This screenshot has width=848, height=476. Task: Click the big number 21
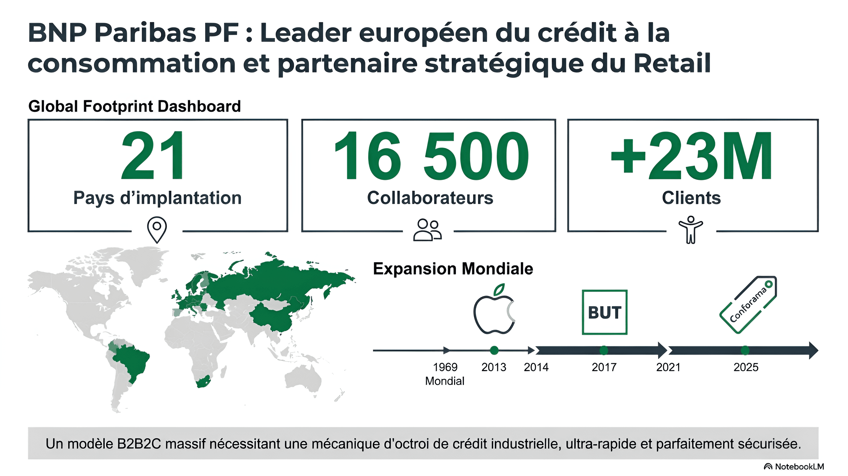pyautogui.click(x=152, y=155)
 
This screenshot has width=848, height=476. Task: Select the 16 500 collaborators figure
pyautogui.click(x=431, y=155)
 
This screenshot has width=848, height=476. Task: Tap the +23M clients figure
pyautogui.click(x=691, y=155)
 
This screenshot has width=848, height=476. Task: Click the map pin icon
pyautogui.click(x=157, y=230)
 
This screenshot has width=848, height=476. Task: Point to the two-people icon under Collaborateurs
pyautogui.click(x=427, y=230)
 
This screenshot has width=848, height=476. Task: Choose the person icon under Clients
pyautogui.click(x=691, y=230)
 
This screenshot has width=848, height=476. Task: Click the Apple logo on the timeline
pyautogui.click(x=494, y=309)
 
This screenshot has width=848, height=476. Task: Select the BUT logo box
pyautogui.click(x=605, y=312)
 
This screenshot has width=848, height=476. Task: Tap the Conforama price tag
pyautogui.click(x=748, y=305)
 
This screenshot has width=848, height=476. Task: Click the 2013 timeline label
pyautogui.click(x=494, y=367)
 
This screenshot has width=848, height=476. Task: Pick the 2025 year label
pyautogui.click(x=746, y=367)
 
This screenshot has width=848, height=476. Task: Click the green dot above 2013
pyautogui.click(x=494, y=350)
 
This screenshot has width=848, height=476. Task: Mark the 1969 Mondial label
pyautogui.click(x=445, y=374)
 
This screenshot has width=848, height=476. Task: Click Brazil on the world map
pyautogui.click(x=132, y=362)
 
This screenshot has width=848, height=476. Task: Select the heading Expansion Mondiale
pyautogui.click(x=453, y=269)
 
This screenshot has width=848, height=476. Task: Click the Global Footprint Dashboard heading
pyautogui.click(x=135, y=106)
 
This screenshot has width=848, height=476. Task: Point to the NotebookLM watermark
pyautogui.click(x=794, y=466)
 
